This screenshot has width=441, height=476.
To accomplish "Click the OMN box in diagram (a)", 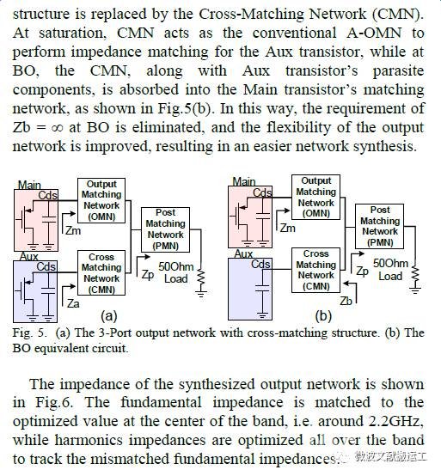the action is click(x=101, y=201).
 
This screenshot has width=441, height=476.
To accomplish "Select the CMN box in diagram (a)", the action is click(x=101, y=272).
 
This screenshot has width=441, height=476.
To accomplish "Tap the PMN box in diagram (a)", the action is click(x=166, y=229).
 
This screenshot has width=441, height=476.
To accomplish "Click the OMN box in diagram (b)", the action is click(x=315, y=198).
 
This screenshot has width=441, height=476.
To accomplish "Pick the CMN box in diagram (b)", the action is click(x=315, y=270).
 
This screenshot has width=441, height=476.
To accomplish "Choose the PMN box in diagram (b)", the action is click(x=380, y=227).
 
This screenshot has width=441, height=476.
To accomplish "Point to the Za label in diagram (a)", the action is click(x=73, y=303).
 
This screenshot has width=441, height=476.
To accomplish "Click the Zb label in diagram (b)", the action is click(x=346, y=301).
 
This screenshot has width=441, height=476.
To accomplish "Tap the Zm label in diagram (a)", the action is click(x=74, y=231).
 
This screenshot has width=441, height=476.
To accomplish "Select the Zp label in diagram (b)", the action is click(x=362, y=272).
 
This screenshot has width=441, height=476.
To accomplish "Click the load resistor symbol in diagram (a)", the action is click(x=201, y=277).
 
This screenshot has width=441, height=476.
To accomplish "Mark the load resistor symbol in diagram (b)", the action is click(x=415, y=275).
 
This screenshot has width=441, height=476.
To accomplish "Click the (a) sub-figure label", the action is click(x=108, y=315).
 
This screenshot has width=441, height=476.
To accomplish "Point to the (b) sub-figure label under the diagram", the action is click(x=323, y=316).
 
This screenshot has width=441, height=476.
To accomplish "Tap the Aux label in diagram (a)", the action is click(x=29, y=257).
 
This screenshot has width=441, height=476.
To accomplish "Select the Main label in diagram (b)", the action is click(x=244, y=182).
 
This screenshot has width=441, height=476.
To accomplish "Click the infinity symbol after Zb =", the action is click(x=57, y=128).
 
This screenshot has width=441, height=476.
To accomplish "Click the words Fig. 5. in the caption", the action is click(x=30, y=333).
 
